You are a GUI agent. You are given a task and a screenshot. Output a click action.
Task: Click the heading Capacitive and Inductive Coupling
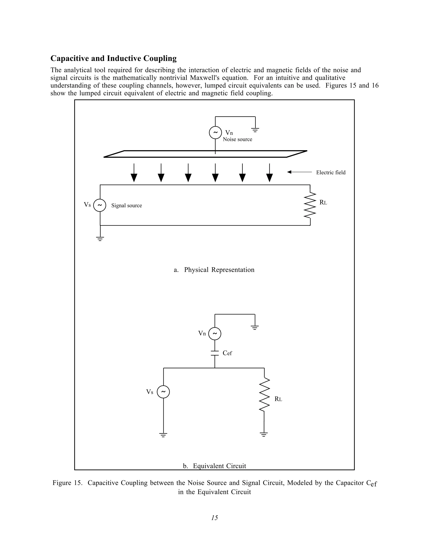[x=113, y=58]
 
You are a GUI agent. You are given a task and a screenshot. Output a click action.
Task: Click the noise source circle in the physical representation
[x=215, y=132]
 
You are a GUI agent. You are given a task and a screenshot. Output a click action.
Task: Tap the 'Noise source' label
[x=237, y=139]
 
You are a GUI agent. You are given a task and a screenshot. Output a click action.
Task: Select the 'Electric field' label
[x=331, y=173]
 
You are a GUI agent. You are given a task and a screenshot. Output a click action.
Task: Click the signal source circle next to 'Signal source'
[x=100, y=205]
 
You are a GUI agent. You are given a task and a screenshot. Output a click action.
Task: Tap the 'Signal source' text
[x=127, y=206]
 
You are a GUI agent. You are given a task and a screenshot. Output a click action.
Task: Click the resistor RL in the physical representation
[x=310, y=205]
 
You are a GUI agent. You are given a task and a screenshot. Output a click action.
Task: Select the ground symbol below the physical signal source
[x=100, y=238]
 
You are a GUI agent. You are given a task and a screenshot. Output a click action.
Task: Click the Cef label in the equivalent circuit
[x=227, y=353]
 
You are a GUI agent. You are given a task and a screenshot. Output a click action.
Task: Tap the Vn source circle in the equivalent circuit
[x=215, y=334]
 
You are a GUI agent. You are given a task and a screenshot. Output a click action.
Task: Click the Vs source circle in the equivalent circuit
[x=163, y=392]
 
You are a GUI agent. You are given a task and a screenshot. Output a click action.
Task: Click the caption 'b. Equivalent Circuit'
[x=214, y=466]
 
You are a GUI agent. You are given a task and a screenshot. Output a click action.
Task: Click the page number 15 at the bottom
[x=214, y=518]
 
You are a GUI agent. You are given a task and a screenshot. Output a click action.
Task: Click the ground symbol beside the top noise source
[x=255, y=130]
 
